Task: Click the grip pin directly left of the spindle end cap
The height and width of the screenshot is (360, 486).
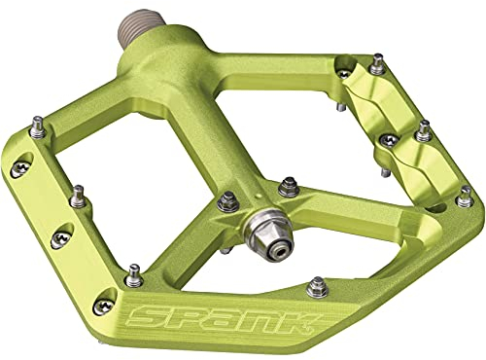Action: tap(228, 201)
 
